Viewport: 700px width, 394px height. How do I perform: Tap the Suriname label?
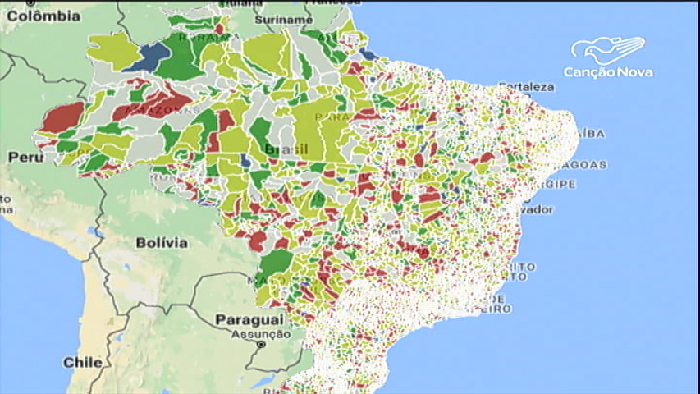[x=283, y=19]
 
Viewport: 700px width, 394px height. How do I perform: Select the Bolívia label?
[x=161, y=243]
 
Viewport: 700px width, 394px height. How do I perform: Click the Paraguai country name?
[x=249, y=318]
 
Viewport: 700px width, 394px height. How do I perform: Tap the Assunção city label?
[x=260, y=334]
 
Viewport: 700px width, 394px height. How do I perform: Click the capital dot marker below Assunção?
[x=261, y=345]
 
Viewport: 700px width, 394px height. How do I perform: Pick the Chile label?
[x=83, y=362]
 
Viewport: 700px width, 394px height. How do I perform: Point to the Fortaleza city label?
[x=526, y=87]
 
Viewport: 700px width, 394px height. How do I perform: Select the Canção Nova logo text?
[x=608, y=72]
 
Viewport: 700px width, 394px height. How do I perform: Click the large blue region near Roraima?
[x=152, y=56]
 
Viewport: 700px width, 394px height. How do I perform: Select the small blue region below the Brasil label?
[x=246, y=161]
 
